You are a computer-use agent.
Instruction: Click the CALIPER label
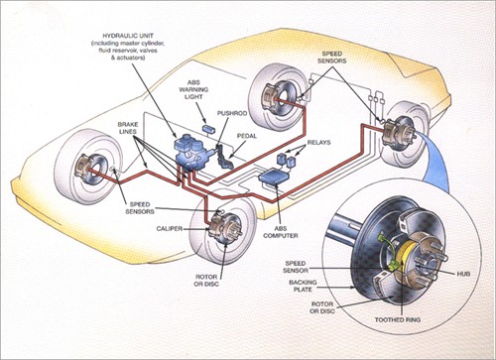[x=162, y=227]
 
